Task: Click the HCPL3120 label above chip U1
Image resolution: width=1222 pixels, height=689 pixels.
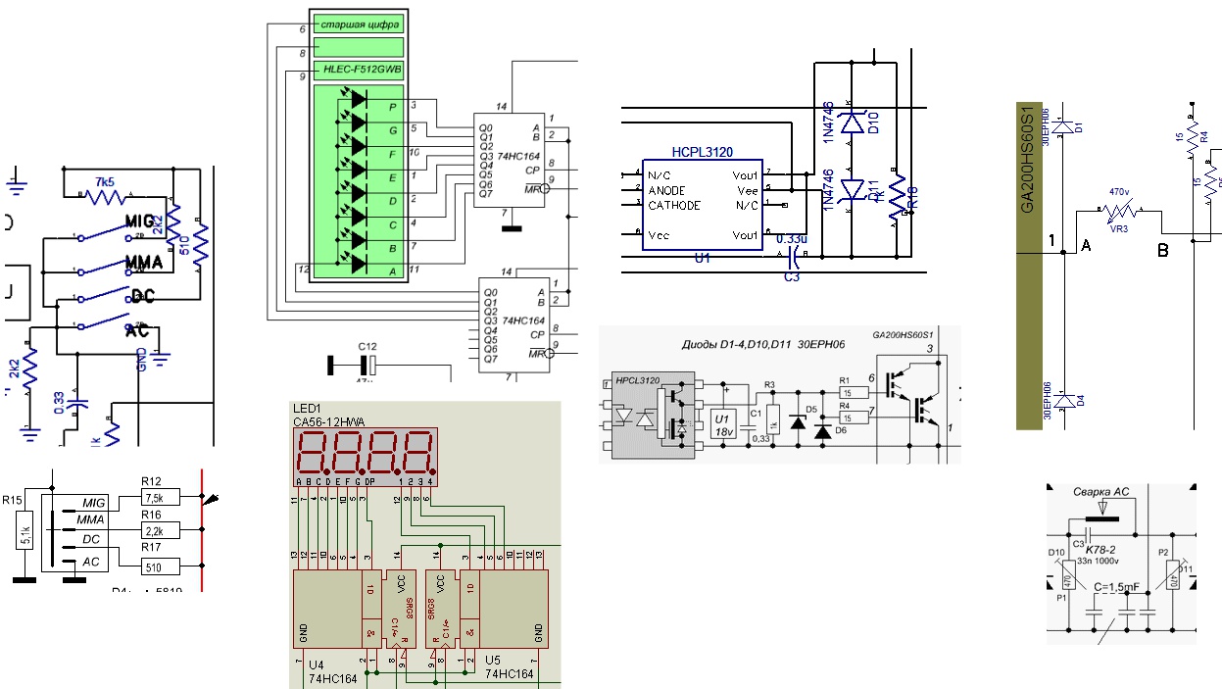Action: click(703, 153)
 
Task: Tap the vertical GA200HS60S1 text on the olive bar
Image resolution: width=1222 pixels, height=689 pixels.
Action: click(1027, 161)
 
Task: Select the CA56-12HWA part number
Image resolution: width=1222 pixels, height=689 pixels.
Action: click(328, 422)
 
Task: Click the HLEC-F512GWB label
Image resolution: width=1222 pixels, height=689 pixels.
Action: click(358, 70)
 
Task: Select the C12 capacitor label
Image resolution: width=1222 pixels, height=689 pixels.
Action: click(367, 346)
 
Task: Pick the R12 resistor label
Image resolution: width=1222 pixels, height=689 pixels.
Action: click(151, 481)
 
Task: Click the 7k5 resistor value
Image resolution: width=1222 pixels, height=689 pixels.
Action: click(105, 182)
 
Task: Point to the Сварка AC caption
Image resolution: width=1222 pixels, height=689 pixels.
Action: click(1100, 493)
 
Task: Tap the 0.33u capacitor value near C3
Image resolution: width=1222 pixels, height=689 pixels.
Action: click(791, 238)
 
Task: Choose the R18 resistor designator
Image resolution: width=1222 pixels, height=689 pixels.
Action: click(912, 195)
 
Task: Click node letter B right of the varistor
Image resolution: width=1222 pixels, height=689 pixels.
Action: click(1163, 251)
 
